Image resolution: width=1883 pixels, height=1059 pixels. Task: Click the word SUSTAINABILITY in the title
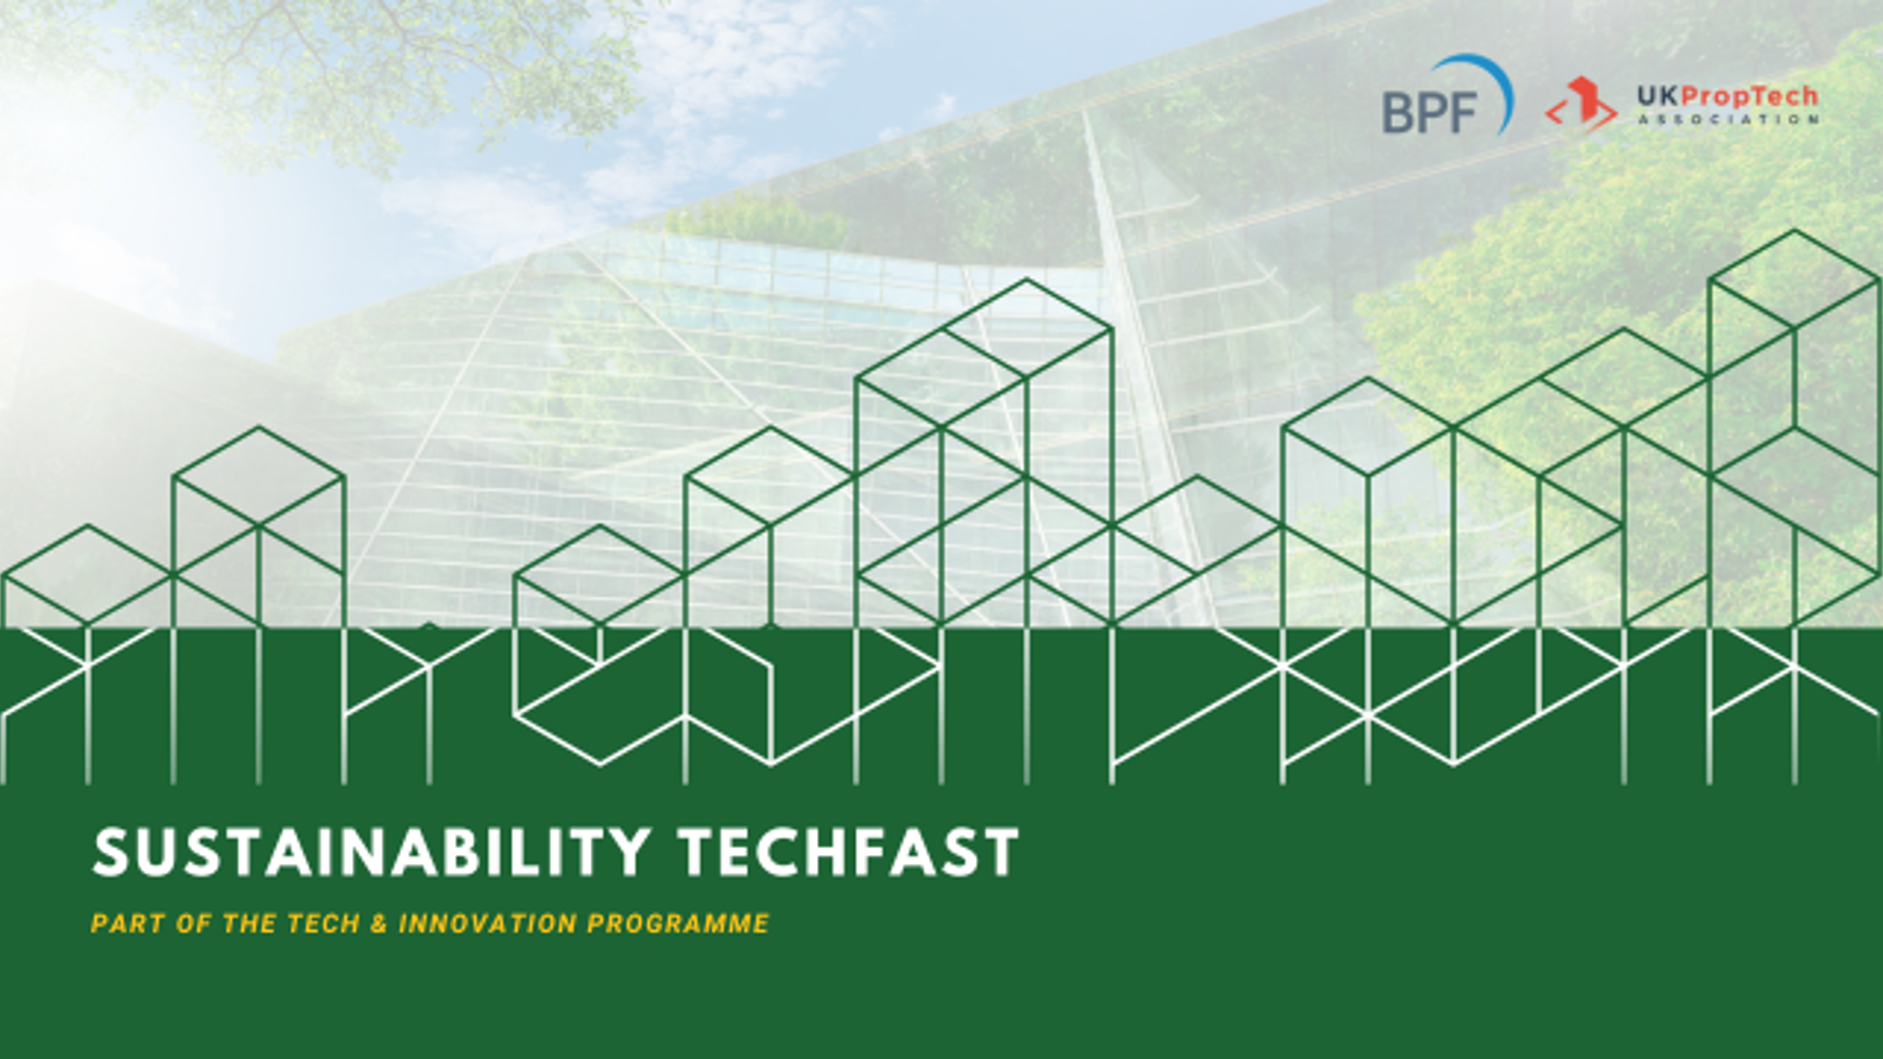coord(372,851)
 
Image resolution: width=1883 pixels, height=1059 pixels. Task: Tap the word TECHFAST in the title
coord(849,851)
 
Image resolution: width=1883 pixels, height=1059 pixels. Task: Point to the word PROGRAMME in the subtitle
coord(679,924)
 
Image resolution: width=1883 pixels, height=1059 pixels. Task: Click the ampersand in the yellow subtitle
coord(380,924)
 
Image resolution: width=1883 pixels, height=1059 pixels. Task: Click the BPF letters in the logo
coord(1430,112)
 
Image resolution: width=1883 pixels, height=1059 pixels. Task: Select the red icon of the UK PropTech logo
coord(1581,104)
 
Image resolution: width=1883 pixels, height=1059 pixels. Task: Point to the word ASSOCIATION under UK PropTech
coord(1728,120)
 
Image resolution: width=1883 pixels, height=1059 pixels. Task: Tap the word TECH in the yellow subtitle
coord(324,924)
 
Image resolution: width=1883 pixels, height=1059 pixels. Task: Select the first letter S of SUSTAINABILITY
coord(111,851)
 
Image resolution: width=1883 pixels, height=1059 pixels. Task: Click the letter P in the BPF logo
coord(1432,112)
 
